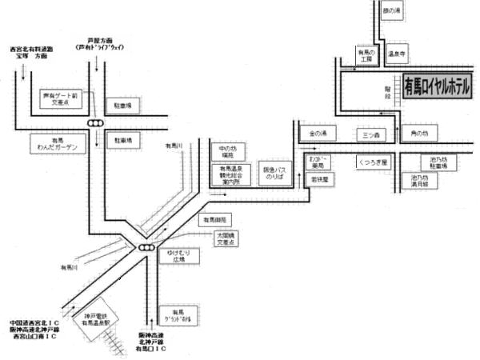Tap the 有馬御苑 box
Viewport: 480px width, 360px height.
214,219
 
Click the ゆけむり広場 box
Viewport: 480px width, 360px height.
174,257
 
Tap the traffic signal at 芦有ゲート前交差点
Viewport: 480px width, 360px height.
96,122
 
